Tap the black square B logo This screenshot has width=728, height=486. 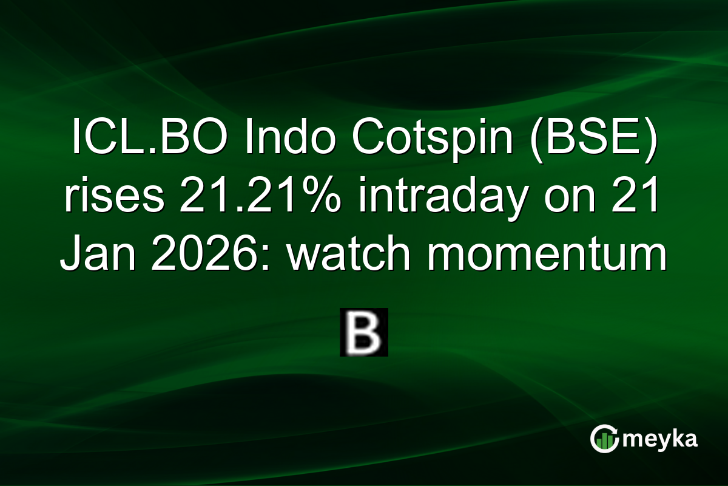coord(363,332)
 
